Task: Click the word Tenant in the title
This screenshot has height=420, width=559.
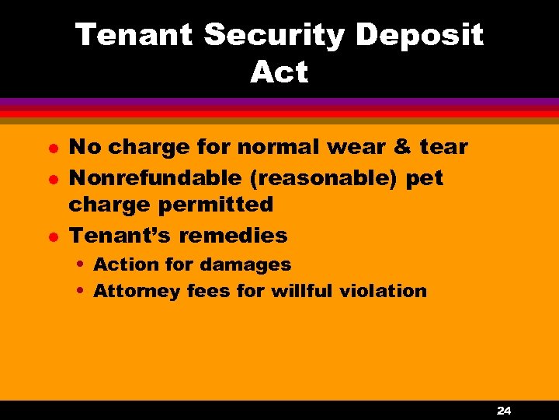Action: [x=134, y=35]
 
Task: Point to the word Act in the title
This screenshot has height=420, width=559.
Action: [x=279, y=72]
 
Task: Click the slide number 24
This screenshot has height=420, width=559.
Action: [x=504, y=410]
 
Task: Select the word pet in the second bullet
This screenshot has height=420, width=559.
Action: [x=425, y=177]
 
